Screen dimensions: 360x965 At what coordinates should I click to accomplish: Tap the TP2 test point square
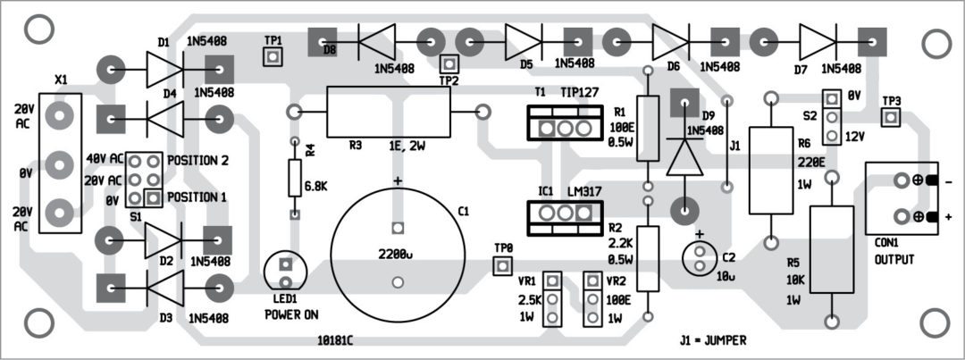[449, 63]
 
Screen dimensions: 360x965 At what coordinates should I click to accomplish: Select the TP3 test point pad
[891, 117]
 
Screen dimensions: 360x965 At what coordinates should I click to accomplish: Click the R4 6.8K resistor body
[294, 179]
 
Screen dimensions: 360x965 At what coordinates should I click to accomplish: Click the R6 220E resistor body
[769, 171]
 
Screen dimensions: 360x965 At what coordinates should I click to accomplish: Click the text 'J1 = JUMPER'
[712, 340]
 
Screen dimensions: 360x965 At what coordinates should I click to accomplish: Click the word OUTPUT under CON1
[894, 259]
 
